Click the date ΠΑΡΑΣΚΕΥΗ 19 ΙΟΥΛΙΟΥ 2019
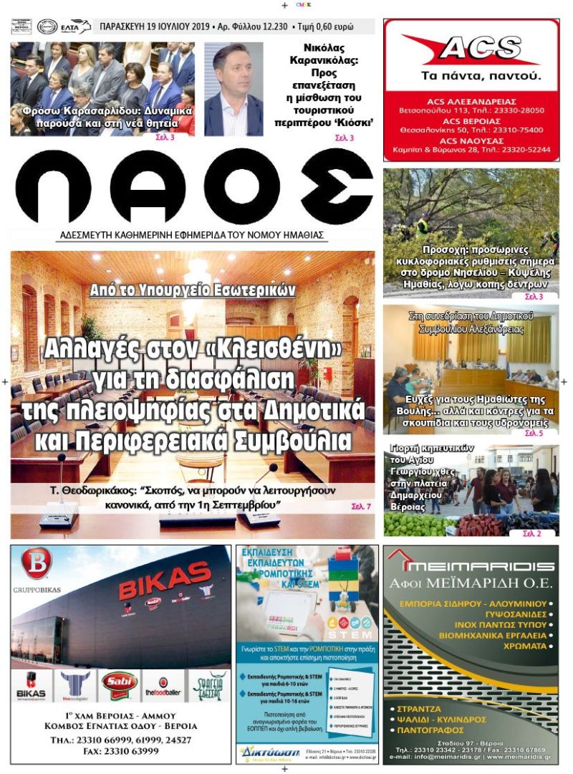[154, 27]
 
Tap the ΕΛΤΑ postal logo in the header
[76, 27]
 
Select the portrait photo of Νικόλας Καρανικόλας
[233, 90]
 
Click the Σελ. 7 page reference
[361, 507]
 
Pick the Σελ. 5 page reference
[534, 433]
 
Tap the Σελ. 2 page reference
[531, 533]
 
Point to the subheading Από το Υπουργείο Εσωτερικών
[193, 290]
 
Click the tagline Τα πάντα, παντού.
[471, 75]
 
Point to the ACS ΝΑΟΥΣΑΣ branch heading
[471, 140]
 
